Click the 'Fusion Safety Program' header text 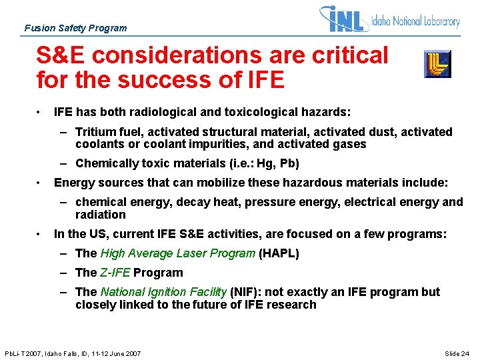(75, 28)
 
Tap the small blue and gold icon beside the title (437, 64)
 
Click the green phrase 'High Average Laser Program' (177, 253)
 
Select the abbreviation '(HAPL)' (279, 253)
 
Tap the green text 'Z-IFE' (115, 273)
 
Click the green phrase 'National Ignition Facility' (163, 292)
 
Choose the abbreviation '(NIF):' (247, 292)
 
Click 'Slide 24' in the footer (458, 353)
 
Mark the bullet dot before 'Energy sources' (41, 183)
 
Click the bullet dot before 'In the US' (41, 234)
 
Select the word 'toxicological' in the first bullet (255, 112)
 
